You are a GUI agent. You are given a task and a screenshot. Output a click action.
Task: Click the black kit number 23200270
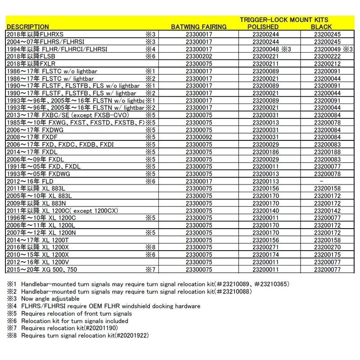pyautogui.click(x=330, y=247)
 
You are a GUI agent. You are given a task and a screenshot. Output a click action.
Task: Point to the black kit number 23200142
pyautogui.click(x=330, y=210)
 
